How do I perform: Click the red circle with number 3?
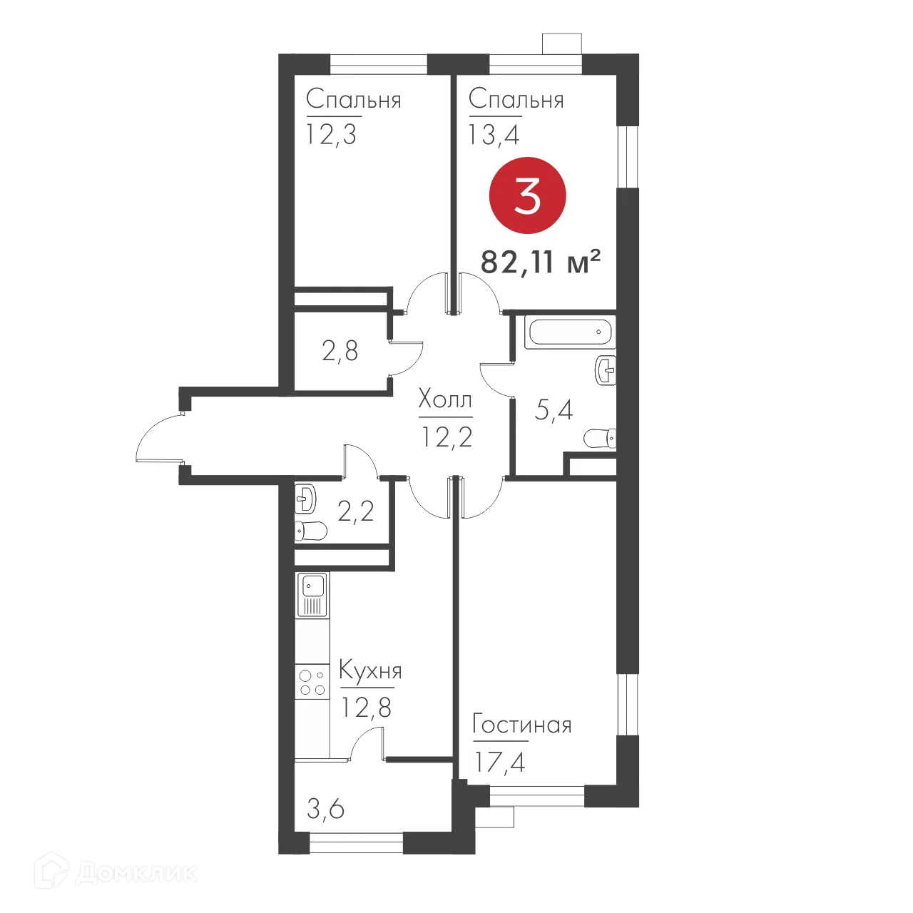click(527, 195)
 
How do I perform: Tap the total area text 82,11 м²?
click(540, 262)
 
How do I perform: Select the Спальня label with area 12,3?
click(353, 100)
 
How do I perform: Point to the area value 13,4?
click(494, 134)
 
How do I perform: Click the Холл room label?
click(444, 399)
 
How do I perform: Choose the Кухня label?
click(370, 671)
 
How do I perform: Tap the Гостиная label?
click(522, 725)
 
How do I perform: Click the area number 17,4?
click(499, 762)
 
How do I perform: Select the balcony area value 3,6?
click(325, 809)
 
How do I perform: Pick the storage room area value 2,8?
click(340, 351)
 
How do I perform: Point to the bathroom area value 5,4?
click(554, 410)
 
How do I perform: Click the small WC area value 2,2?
click(355, 511)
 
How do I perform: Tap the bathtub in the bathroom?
click(569, 332)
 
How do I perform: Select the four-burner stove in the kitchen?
click(312, 682)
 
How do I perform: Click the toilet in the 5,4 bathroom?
click(599, 438)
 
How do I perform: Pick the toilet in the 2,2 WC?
click(310, 531)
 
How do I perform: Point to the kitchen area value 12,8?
click(366, 708)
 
